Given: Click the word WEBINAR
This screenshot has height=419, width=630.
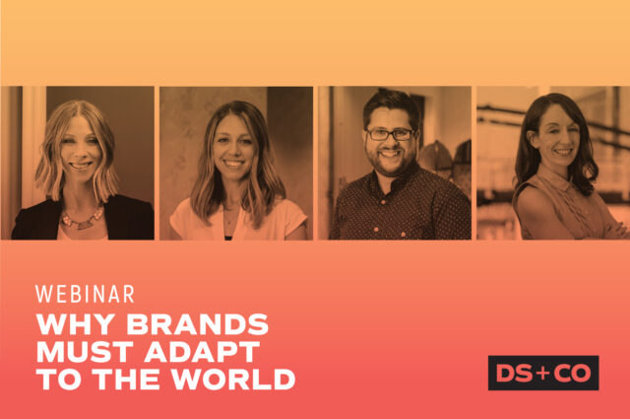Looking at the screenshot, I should [x=85, y=294].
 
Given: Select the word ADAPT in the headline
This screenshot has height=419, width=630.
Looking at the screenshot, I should [x=203, y=352].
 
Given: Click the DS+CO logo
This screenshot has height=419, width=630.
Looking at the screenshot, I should [x=542, y=373].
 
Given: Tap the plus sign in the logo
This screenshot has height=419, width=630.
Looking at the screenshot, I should [x=542, y=373].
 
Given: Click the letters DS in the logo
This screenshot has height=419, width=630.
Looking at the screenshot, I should [x=515, y=373].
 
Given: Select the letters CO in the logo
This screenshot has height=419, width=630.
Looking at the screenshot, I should [x=571, y=373].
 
